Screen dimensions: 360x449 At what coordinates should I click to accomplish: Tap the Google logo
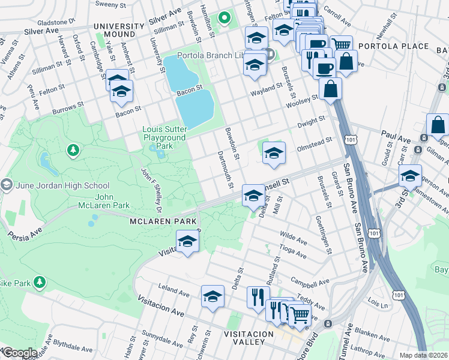[19, 353]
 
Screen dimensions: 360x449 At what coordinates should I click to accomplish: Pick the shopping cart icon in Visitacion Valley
[300, 314]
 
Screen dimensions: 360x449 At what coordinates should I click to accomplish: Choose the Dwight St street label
[313, 121]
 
